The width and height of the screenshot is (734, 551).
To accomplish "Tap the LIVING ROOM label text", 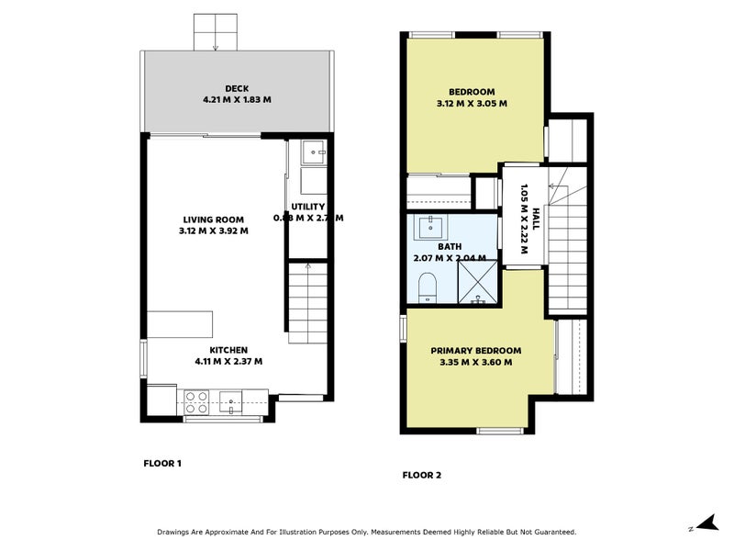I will [x=213, y=219].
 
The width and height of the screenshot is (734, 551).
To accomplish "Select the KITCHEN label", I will [x=228, y=350].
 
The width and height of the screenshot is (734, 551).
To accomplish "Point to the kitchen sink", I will [x=232, y=399].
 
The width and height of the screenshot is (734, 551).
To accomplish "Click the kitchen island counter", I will [x=180, y=324].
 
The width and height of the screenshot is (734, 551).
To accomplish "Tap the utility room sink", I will [x=313, y=152].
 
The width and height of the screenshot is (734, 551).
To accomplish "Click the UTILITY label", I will [x=308, y=207].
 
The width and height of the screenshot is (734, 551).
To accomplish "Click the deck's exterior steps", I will [x=216, y=33].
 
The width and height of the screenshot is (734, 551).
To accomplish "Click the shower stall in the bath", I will [x=477, y=283].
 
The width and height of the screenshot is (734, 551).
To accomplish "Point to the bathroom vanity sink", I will [x=431, y=226].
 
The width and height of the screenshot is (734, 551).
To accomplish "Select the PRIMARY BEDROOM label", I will [x=475, y=351].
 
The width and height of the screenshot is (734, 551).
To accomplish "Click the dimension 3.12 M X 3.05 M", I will [x=472, y=104].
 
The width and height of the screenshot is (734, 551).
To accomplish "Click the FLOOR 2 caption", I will [x=422, y=476].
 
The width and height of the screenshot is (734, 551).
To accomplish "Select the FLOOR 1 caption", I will [x=162, y=464].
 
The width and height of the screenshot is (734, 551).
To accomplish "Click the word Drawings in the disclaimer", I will [x=178, y=532].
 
